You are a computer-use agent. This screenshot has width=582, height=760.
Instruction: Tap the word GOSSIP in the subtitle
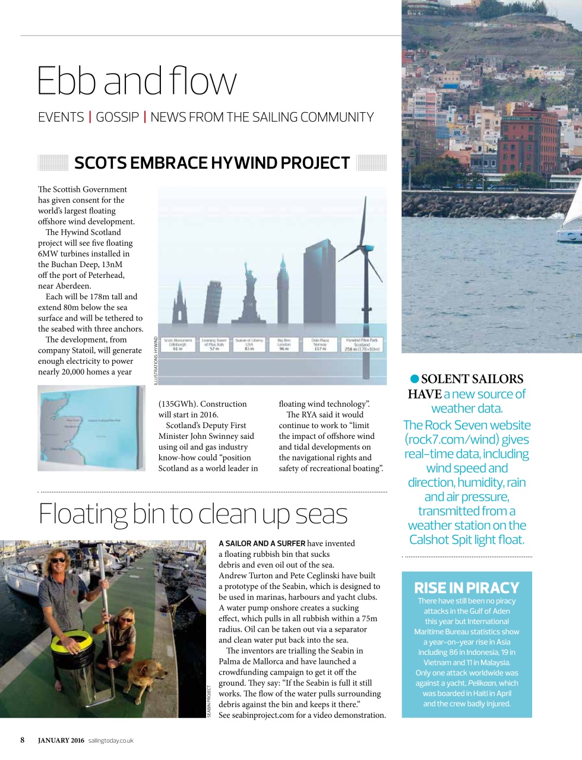(x=117, y=117)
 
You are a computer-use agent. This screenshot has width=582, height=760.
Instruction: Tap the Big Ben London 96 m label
(x=283, y=345)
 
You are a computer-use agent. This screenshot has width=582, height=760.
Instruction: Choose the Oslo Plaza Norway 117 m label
(x=320, y=345)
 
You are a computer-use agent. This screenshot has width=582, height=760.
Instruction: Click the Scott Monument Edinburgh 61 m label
(x=178, y=345)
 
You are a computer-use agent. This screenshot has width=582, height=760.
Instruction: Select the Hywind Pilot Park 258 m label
(x=362, y=345)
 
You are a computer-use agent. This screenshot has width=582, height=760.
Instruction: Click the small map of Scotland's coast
(x=91, y=427)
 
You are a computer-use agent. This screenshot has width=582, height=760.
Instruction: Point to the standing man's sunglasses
(x=59, y=560)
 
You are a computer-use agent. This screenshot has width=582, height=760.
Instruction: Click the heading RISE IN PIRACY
(x=466, y=587)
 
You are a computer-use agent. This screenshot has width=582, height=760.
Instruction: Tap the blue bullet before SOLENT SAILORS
(x=415, y=379)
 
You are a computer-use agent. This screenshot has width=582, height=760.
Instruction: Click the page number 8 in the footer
(x=23, y=740)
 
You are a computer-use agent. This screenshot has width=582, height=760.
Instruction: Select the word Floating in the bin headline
(x=83, y=514)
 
